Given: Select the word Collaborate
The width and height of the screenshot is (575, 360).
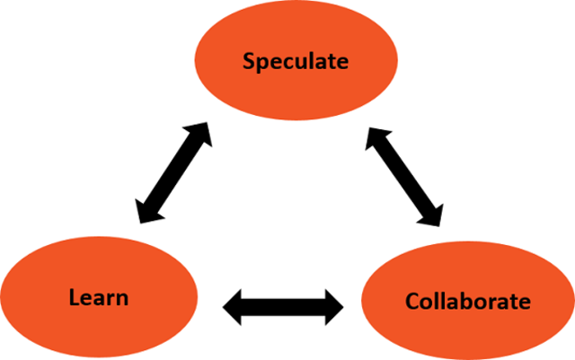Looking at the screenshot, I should click(x=468, y=300).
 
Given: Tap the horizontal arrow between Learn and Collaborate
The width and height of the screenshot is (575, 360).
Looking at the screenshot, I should click(x=283, y=307).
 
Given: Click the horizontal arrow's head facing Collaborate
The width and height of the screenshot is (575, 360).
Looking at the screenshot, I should click(x=333, y=307).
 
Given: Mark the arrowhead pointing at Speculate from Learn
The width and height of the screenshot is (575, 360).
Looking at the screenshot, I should click(x=200, y=134).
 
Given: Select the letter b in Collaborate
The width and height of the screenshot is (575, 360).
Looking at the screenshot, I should click(x=468, y=299).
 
